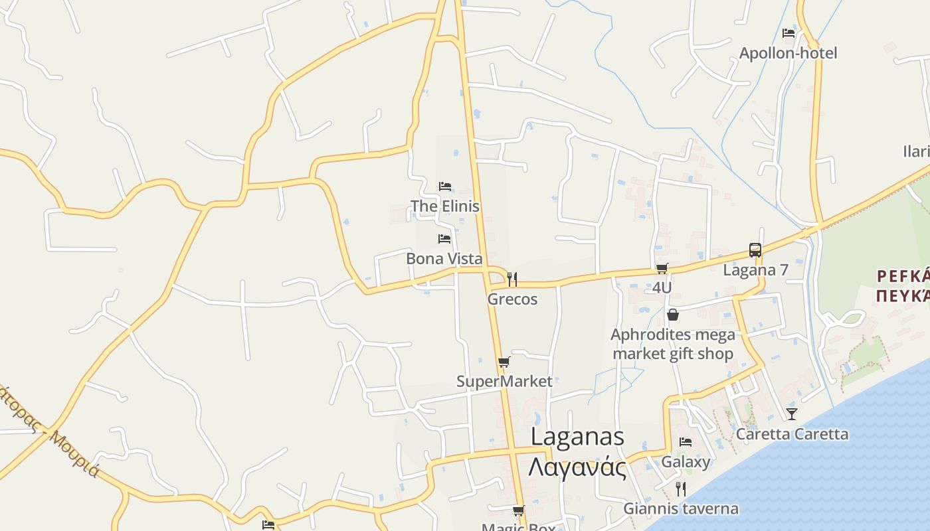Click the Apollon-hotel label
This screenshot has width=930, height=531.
788,53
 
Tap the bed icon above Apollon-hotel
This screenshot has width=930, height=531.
789,33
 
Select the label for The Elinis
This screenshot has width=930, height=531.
444,206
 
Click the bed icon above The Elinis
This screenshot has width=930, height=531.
444,187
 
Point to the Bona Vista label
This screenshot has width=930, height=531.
444,259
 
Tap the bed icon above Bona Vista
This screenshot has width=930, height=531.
444,239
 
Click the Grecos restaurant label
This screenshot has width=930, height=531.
512,299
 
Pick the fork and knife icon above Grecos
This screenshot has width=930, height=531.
512,279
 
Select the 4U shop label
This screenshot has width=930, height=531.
662,288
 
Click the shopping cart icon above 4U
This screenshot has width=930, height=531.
662,269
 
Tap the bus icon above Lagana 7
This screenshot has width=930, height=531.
755,250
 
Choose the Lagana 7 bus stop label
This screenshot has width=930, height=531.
755,270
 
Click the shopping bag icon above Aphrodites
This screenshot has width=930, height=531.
673,315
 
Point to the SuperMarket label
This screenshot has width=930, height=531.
504,382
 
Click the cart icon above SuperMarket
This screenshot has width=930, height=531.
504,362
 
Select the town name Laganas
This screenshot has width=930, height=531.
577,437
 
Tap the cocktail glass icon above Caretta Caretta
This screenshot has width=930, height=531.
792,414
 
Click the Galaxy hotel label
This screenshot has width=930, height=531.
686,462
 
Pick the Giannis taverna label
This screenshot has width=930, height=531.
681,509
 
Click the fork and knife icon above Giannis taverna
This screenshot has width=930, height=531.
681,489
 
